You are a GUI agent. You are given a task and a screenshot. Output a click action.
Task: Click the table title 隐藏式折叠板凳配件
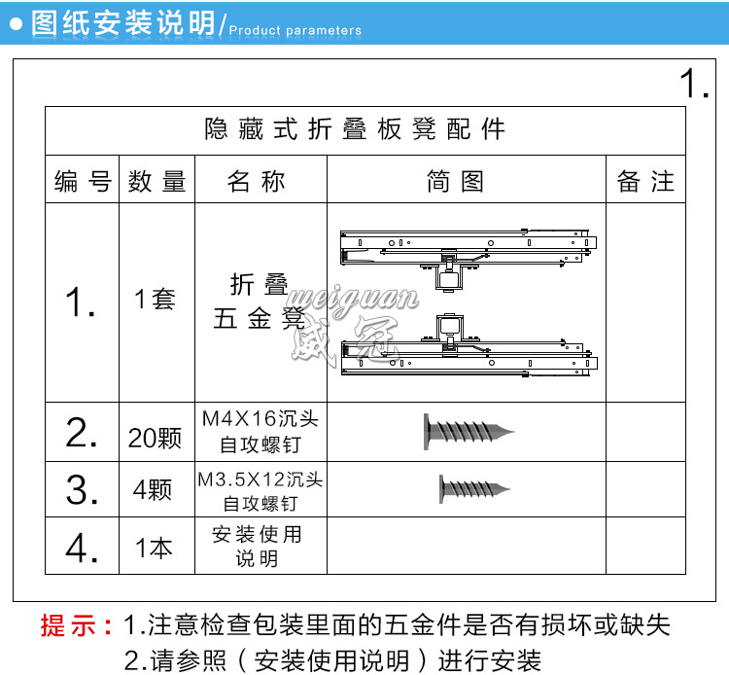click(355, 129)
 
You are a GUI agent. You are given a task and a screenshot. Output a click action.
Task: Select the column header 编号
click(83, 181)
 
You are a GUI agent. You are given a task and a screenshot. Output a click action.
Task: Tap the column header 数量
click(156, 181)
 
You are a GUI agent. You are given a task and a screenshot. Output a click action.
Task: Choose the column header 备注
click(644, 181)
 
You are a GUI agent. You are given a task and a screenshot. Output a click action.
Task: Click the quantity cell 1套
click(155, 299)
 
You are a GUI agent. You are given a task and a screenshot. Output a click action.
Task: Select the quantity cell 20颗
click(156, 438)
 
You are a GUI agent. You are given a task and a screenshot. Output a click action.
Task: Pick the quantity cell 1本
click(154, 549)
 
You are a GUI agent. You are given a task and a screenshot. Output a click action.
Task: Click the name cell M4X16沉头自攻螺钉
click(260, 431)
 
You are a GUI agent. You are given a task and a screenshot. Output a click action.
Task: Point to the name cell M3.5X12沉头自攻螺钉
click(260, 490)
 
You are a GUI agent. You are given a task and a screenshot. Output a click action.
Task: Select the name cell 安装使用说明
click(257, 547)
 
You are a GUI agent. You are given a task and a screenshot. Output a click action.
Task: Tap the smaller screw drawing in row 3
click(474, 488)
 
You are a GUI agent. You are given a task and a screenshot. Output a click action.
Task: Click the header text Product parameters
click(295, 30)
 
